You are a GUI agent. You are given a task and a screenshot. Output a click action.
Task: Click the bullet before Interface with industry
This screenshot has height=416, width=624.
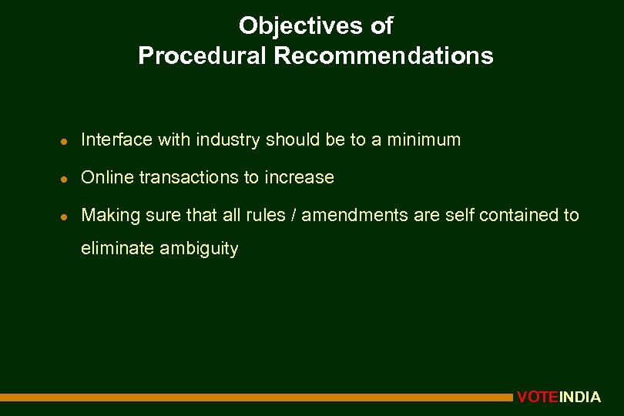pyautogui.click(x=67, y=141)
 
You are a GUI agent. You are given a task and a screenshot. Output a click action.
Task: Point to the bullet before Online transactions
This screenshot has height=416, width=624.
pyautogui.click(x=67, y=179)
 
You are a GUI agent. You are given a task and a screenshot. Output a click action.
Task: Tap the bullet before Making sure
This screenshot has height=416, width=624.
pyautogui.click(x=67, y=216)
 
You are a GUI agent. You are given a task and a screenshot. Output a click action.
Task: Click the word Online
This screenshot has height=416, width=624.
pyautogui.click(x=106, y=177)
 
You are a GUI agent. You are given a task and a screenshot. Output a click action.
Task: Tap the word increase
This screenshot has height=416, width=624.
pyautogui.click(x=299, y=177)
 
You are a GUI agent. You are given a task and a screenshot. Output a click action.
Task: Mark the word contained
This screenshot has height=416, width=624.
pyautogui.click(x=516, y=215)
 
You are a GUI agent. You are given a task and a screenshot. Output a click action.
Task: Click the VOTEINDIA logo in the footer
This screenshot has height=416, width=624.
pyautogui.click(x=559, y=398)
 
